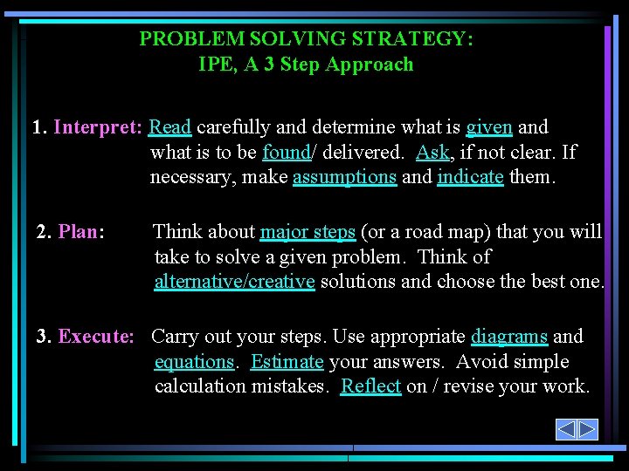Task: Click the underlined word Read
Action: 170,127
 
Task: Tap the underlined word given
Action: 489,127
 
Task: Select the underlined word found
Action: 286,153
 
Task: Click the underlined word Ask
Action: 432,153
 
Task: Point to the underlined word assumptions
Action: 344,177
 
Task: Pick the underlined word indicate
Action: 470,177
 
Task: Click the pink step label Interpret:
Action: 98,127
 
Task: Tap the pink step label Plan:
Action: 81,232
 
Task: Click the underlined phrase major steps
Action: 308,232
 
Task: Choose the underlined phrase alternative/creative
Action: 234,282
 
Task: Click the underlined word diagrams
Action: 509,337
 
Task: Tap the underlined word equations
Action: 194,362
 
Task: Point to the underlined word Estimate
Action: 287,362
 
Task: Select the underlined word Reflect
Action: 370,386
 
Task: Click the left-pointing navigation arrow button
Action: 566,429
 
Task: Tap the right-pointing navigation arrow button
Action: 587,429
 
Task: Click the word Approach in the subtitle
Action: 371,65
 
